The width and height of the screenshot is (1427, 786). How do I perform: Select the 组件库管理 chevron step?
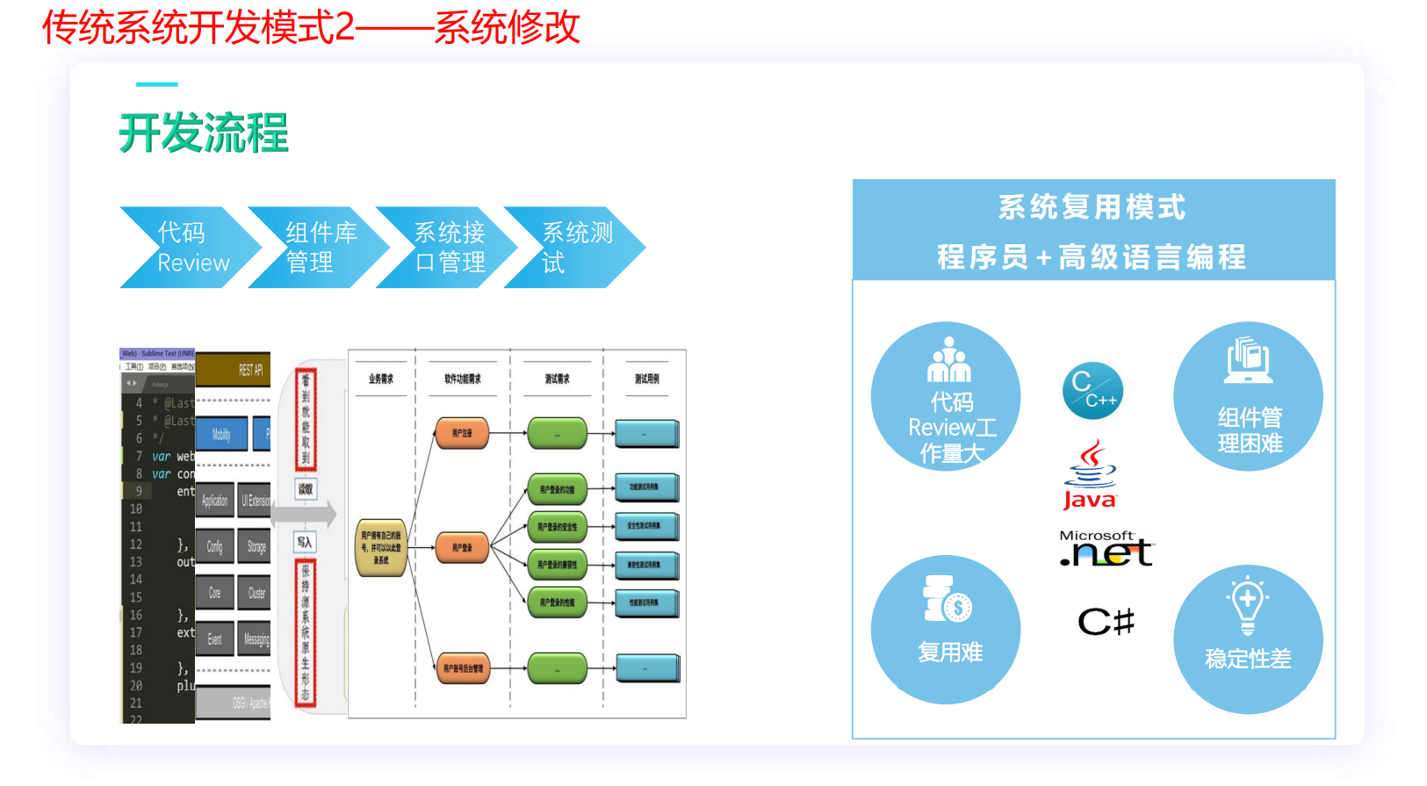coord(316,248)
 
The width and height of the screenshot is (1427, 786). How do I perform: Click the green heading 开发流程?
coord(204,133)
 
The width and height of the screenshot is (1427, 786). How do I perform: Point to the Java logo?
coord(1090,475)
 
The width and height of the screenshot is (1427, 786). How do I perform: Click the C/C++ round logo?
coord(1092,391)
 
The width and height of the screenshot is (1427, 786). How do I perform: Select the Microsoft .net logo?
coord(1106,549)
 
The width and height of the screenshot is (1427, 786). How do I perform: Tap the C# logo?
coord(1106,622)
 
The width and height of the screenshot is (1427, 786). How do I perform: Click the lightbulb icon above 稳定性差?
coord(1247,604)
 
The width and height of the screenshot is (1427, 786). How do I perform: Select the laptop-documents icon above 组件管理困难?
coord(1248,360)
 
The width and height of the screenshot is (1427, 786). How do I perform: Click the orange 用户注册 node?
coord(462,433)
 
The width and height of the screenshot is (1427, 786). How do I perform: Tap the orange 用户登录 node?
coord(462,548)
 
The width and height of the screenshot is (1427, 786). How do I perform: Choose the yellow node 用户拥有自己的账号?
coord(381,548)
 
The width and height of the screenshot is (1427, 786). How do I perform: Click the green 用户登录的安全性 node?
coord(558,527)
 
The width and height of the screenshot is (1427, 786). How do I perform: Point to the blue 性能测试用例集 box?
coord(646,603)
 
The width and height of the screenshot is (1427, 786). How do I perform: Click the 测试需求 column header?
coord(557,379)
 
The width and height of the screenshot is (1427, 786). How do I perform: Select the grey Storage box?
coord(256,546)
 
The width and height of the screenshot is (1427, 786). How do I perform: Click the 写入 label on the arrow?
coord(304,542)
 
